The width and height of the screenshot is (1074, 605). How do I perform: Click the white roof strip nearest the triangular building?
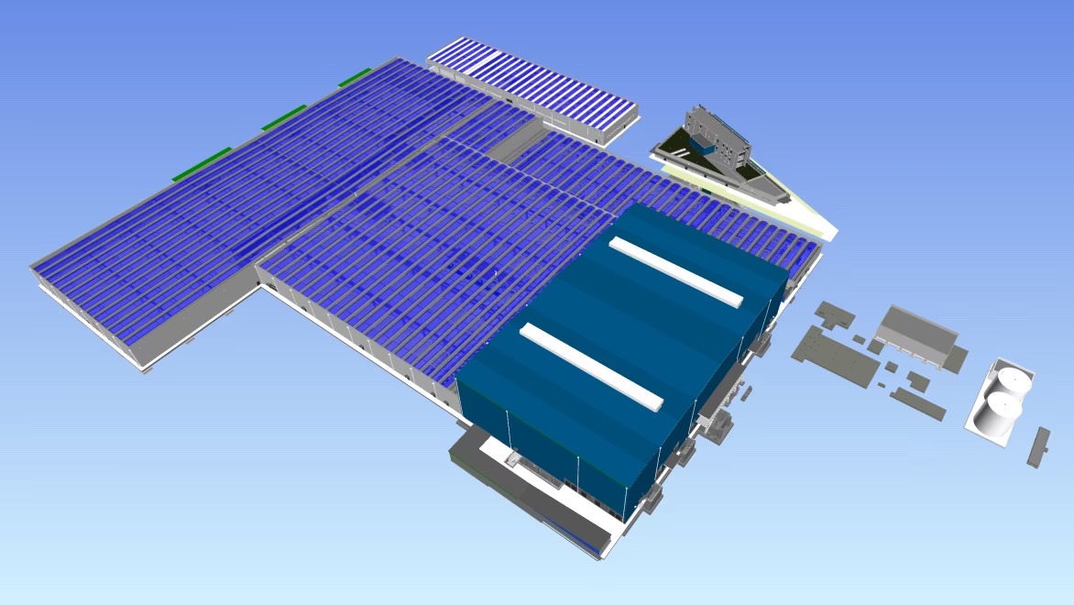coord(676,271)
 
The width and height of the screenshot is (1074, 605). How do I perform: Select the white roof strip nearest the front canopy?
coord(591,366)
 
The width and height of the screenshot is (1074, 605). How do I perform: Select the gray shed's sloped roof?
coord(916,330)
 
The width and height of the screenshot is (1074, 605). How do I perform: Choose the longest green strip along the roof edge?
coord(202,163)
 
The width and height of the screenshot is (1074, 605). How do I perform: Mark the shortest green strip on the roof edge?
coord(355,78)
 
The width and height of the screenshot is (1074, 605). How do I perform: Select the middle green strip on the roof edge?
coord(284,117)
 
